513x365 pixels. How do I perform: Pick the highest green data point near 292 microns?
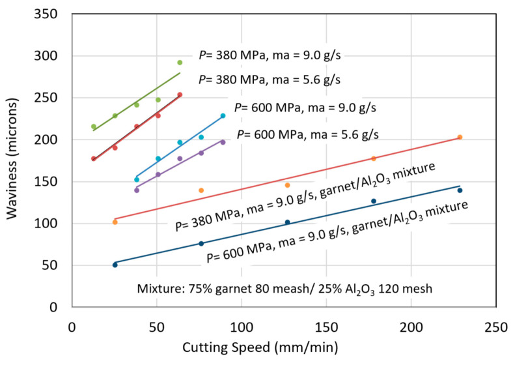tap(180, 63)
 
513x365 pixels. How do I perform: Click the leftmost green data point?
tap(94, 126)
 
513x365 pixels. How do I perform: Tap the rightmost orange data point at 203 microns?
tap(460, 137)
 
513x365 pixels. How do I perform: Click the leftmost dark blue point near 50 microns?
tap(115, 265)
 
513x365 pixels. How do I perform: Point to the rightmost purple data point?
tap(223, 142)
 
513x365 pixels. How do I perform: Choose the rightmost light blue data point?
tap(223, 116)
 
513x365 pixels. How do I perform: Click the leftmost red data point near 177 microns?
tap(94, 158)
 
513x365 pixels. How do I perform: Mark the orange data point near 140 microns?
tap(201, 190)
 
